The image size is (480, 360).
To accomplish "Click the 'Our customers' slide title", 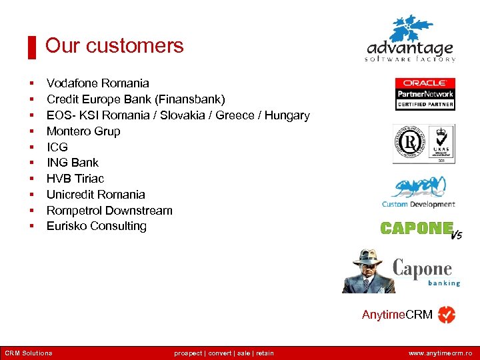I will click(x=114, y=46).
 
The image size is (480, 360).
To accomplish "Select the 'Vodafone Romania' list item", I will click(x=97, y=83).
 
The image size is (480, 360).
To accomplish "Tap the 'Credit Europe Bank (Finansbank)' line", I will click(x=135, y=99).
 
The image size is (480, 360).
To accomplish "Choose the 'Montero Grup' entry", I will click(x=83, y=131).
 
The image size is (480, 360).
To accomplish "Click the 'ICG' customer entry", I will click(x=57, y=147).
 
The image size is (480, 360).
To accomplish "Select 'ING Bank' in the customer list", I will click(x=72, y=163).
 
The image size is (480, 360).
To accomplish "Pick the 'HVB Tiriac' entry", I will click(x=75, y=179).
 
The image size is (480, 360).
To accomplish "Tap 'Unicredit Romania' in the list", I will click(x=95, y=195).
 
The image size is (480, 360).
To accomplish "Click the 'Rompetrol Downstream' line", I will click(x=109, y=211).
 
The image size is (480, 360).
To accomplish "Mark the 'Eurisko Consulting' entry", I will click(x=96, y=226).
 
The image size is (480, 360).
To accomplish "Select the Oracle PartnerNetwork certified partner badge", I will click(x=425, y=94).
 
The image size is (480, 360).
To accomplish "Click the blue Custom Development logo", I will click(x=419, y=193).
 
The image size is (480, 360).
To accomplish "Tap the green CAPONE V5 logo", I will click(x=421, y=229).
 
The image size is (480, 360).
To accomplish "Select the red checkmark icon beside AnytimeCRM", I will click(x=447, y=315).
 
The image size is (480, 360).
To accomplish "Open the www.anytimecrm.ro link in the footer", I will click(x=440, y=353).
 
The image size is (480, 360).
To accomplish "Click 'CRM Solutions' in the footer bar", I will click(x=28, y=353).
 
